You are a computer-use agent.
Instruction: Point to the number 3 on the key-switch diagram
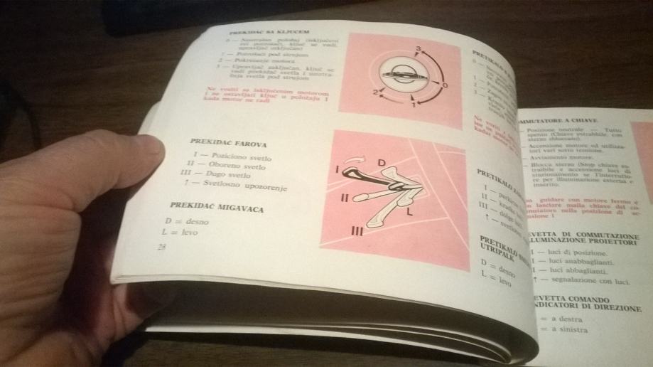[420, 48]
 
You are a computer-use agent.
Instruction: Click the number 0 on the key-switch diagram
[444, 85]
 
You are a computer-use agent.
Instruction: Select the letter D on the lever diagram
[382, 164]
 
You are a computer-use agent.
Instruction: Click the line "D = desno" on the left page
[186, 221]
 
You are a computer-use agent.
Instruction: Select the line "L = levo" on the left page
[181, 233]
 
